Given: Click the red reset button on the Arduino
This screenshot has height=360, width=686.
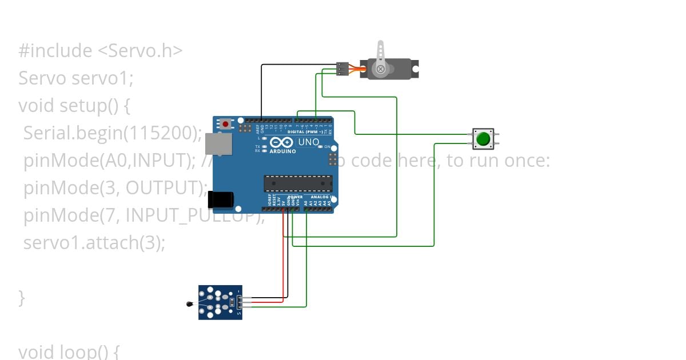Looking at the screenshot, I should click(x=226, y=124).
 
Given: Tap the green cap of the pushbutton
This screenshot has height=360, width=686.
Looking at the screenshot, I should click(x=483, y=138).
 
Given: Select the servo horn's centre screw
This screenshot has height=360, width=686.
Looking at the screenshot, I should click(x=380, y=70).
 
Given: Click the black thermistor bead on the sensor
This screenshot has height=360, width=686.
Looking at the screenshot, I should click(x=190, y=304).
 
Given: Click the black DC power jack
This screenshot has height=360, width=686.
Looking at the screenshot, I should click(x=220, y=199).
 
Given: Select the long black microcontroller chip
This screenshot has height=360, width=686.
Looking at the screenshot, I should click(x=298, y=183).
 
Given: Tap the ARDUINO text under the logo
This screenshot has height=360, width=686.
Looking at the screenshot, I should click(x=282, y=151).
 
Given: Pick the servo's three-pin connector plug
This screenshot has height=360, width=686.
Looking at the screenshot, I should click(x=342, y=69).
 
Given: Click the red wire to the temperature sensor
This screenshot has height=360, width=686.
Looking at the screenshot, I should click(x=284, y=257).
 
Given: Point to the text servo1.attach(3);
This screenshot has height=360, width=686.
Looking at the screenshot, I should click(x=94, y=242).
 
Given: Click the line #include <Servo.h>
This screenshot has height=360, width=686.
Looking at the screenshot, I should click(x=101, y=51).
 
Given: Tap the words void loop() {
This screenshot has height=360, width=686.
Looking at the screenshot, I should click(x=69, y=351).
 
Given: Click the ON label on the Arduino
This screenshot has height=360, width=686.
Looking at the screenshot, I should click(x=328, y=147).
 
